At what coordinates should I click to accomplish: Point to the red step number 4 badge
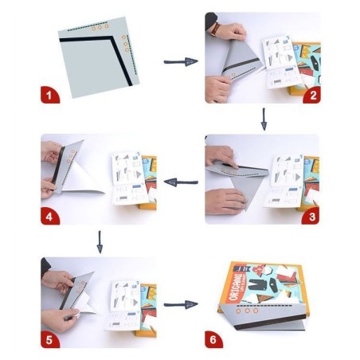(50, 216)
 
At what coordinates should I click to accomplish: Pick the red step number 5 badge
(50, 338)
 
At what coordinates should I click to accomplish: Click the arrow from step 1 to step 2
(180, 61)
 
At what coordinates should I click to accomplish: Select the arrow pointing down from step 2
(264, 119)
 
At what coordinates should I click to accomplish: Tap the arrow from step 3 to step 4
(181, 182)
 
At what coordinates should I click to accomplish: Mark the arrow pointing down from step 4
(99, 241)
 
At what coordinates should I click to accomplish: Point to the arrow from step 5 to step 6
(180, 304)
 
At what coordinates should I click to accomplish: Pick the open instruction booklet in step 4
(130, 177)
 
